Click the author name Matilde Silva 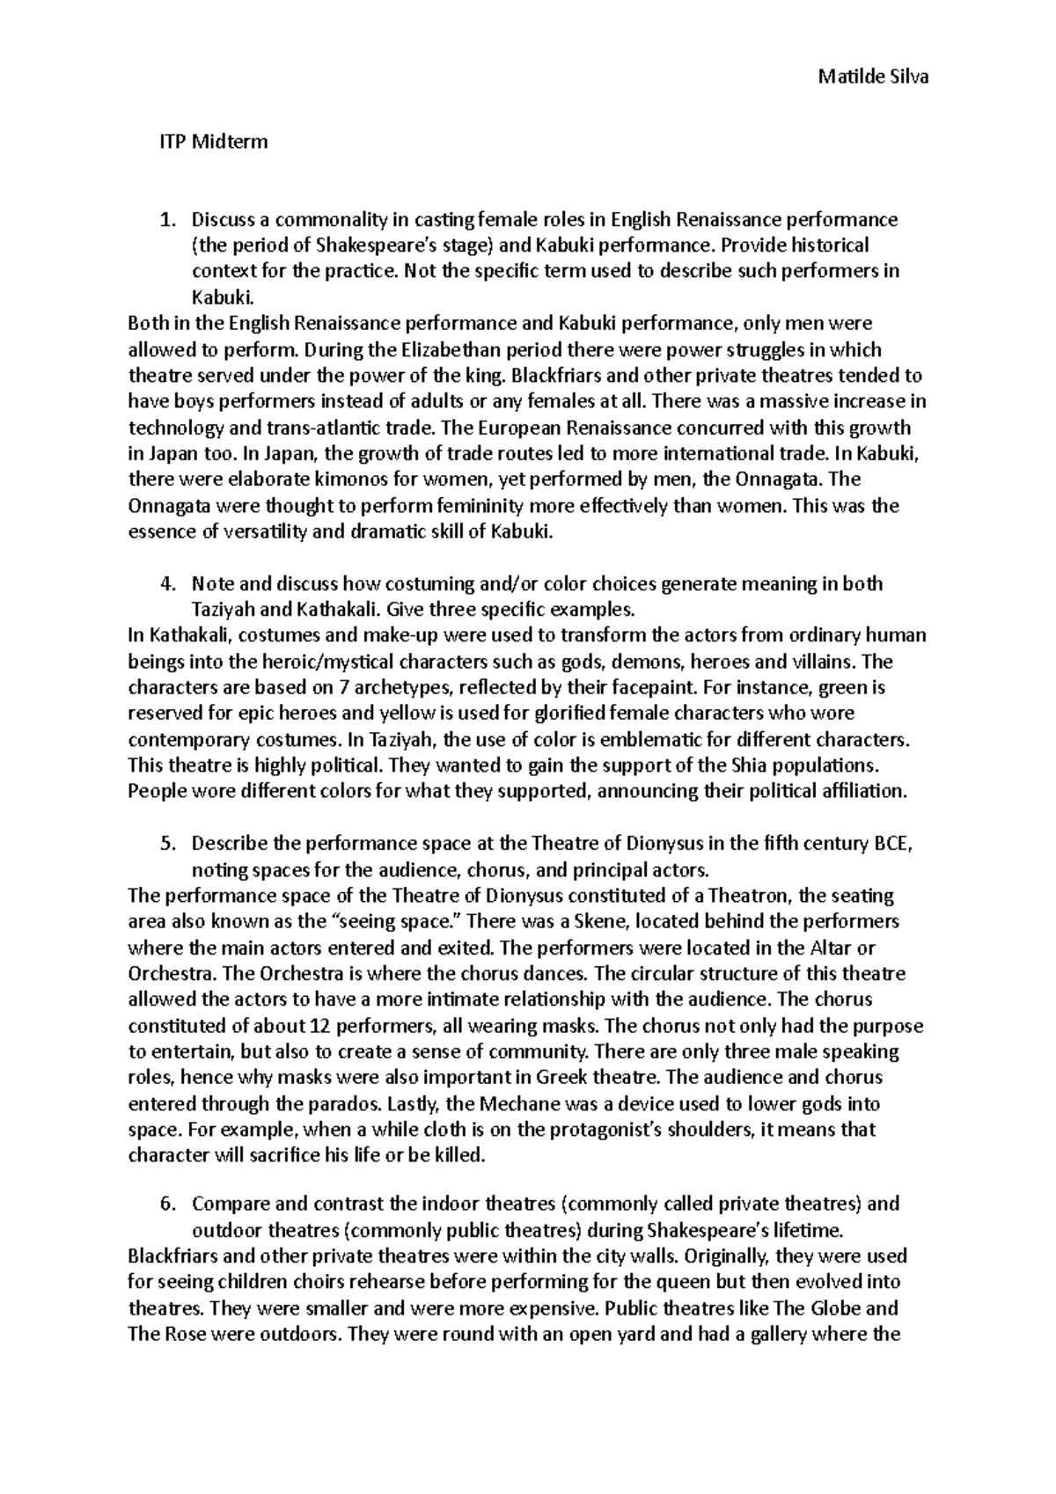click(873, 77)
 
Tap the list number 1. click(171, 219)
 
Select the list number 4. click(171, 584)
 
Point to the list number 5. click(171, 845)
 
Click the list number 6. click(171, 1204)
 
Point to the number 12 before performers click(321, 1026)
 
